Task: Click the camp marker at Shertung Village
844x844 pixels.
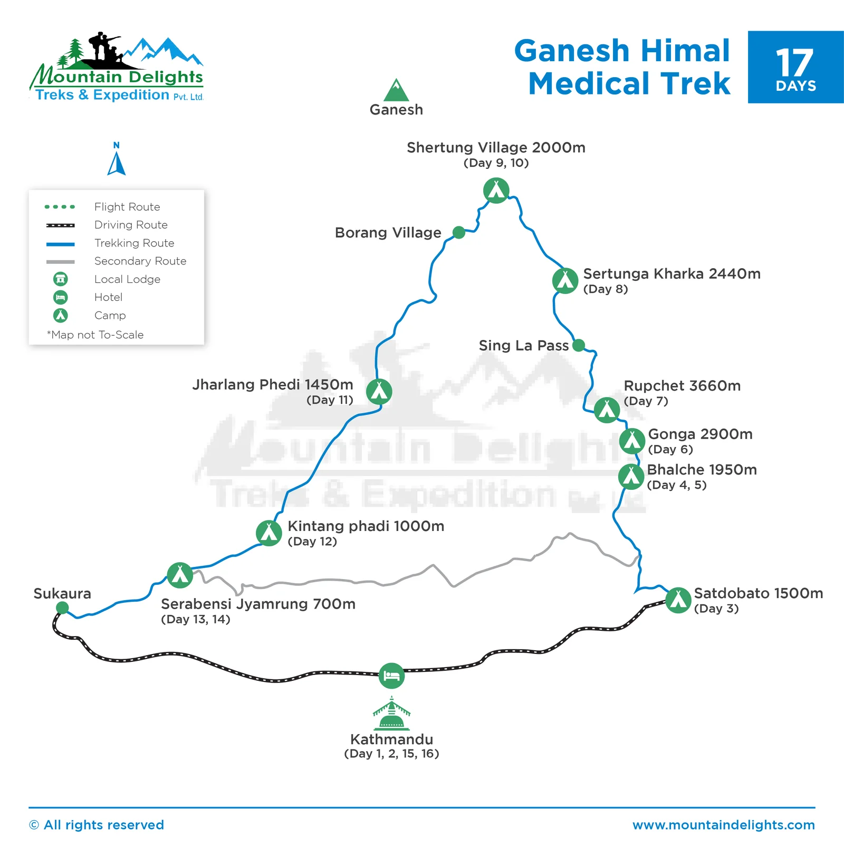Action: pos(496,191)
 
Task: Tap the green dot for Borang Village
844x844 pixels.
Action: pos(459,232)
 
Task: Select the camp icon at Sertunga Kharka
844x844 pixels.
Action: pos(565,281)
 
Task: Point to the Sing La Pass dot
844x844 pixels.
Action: pos(579,345)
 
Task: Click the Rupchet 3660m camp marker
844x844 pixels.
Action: pos(607,410)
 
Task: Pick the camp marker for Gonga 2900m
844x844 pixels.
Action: pos(632,441)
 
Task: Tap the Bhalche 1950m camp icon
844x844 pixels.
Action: pos(631,477)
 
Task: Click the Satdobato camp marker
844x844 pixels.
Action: pos(678,600)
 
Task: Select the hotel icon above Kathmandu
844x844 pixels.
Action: pos(391,676)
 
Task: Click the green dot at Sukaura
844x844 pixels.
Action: pos(62,608)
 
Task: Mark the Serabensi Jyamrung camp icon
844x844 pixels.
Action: pos(180,575)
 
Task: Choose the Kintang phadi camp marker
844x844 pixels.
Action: pos(269,533)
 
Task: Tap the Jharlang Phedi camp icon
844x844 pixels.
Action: pos(379,392)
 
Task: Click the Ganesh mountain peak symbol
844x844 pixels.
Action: pos(396,90)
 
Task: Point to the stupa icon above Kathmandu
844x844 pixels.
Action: pos(391,714)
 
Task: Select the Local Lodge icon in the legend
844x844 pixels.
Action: pos(61,279)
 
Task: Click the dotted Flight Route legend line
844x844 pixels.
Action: pos(60,207)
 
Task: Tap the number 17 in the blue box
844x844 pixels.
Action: pos(794,63)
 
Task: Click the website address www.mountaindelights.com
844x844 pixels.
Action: pos(723,825)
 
